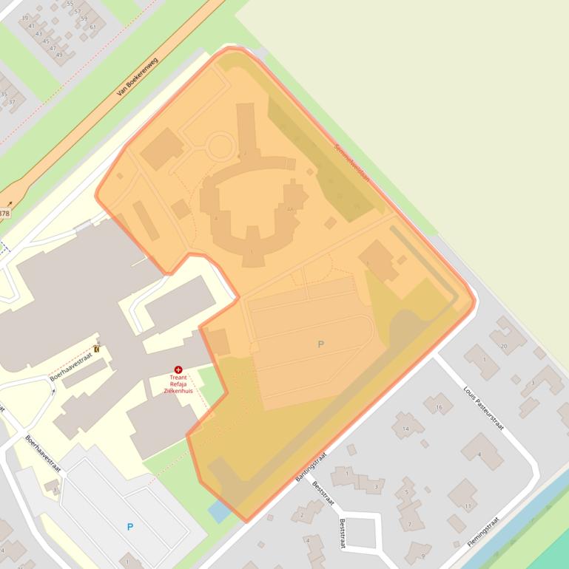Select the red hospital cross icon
[x=178, y=369]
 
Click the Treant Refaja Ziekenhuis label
[x=178, y=384]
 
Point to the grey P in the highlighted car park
[x=320, y=344]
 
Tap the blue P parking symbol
[x=130, y=527]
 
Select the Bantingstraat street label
[x=311, y=466]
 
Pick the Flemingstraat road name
[x=482, y=531]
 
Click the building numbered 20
[x=504, y=345]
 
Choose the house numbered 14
[x=405, y=429]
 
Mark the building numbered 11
[x=468, y=506]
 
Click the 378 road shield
[x=4, y=214]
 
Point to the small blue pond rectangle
[x=219, y=511]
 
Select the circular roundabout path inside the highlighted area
[x=220, y=146]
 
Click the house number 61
[x=92, y=27]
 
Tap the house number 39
[x=25, y=18]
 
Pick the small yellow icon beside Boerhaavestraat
[x=97, y=349]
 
